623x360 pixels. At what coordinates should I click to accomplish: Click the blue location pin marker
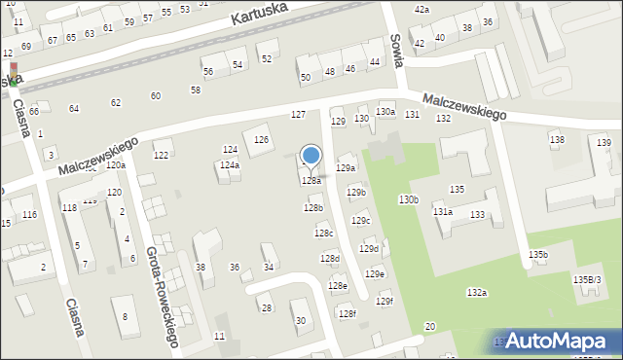311,157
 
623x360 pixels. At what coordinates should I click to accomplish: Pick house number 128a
311,181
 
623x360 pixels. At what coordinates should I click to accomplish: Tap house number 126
261,140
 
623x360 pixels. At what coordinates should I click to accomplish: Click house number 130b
408,199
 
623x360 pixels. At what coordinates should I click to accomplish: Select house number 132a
476,292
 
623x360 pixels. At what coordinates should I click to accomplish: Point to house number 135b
538,255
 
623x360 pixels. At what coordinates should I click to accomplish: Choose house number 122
162,156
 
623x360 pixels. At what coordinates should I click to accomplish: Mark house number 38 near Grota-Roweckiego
201,267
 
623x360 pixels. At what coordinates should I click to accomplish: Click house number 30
300,320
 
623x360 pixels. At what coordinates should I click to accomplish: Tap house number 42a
421,9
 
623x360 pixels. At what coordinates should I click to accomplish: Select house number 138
557,140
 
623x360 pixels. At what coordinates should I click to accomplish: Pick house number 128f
348,312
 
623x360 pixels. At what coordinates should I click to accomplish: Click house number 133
477,214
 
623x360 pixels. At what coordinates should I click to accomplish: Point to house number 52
267,59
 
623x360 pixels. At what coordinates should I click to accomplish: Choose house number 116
29,214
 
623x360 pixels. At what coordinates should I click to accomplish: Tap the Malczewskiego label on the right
465,107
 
